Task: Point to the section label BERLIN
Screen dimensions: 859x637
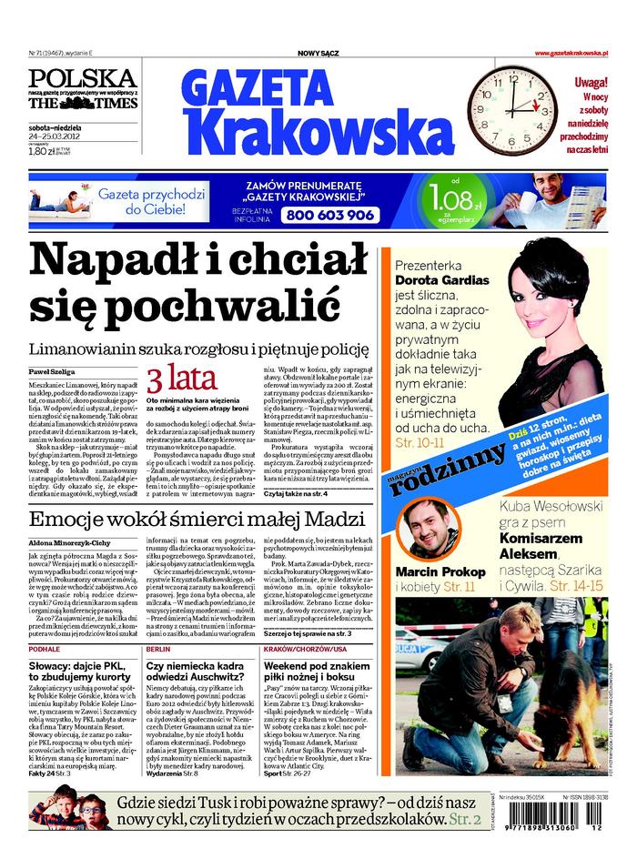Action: click(x=158, y=651)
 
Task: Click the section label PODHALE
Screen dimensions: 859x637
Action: click(x=45, y=651)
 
